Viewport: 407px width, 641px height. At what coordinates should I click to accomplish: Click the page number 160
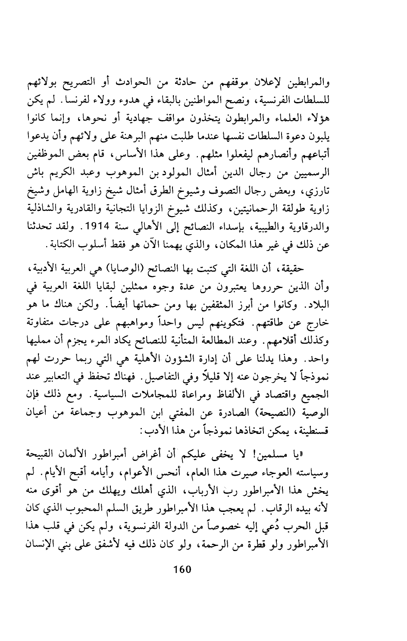pos(182,569)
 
